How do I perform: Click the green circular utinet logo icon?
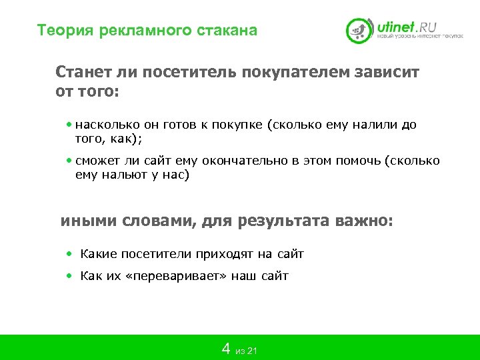point(359,31)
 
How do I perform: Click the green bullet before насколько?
point(70,125)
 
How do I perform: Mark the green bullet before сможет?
point(70,161)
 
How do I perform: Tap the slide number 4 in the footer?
point(226,349)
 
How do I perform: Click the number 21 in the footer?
point(251,351)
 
